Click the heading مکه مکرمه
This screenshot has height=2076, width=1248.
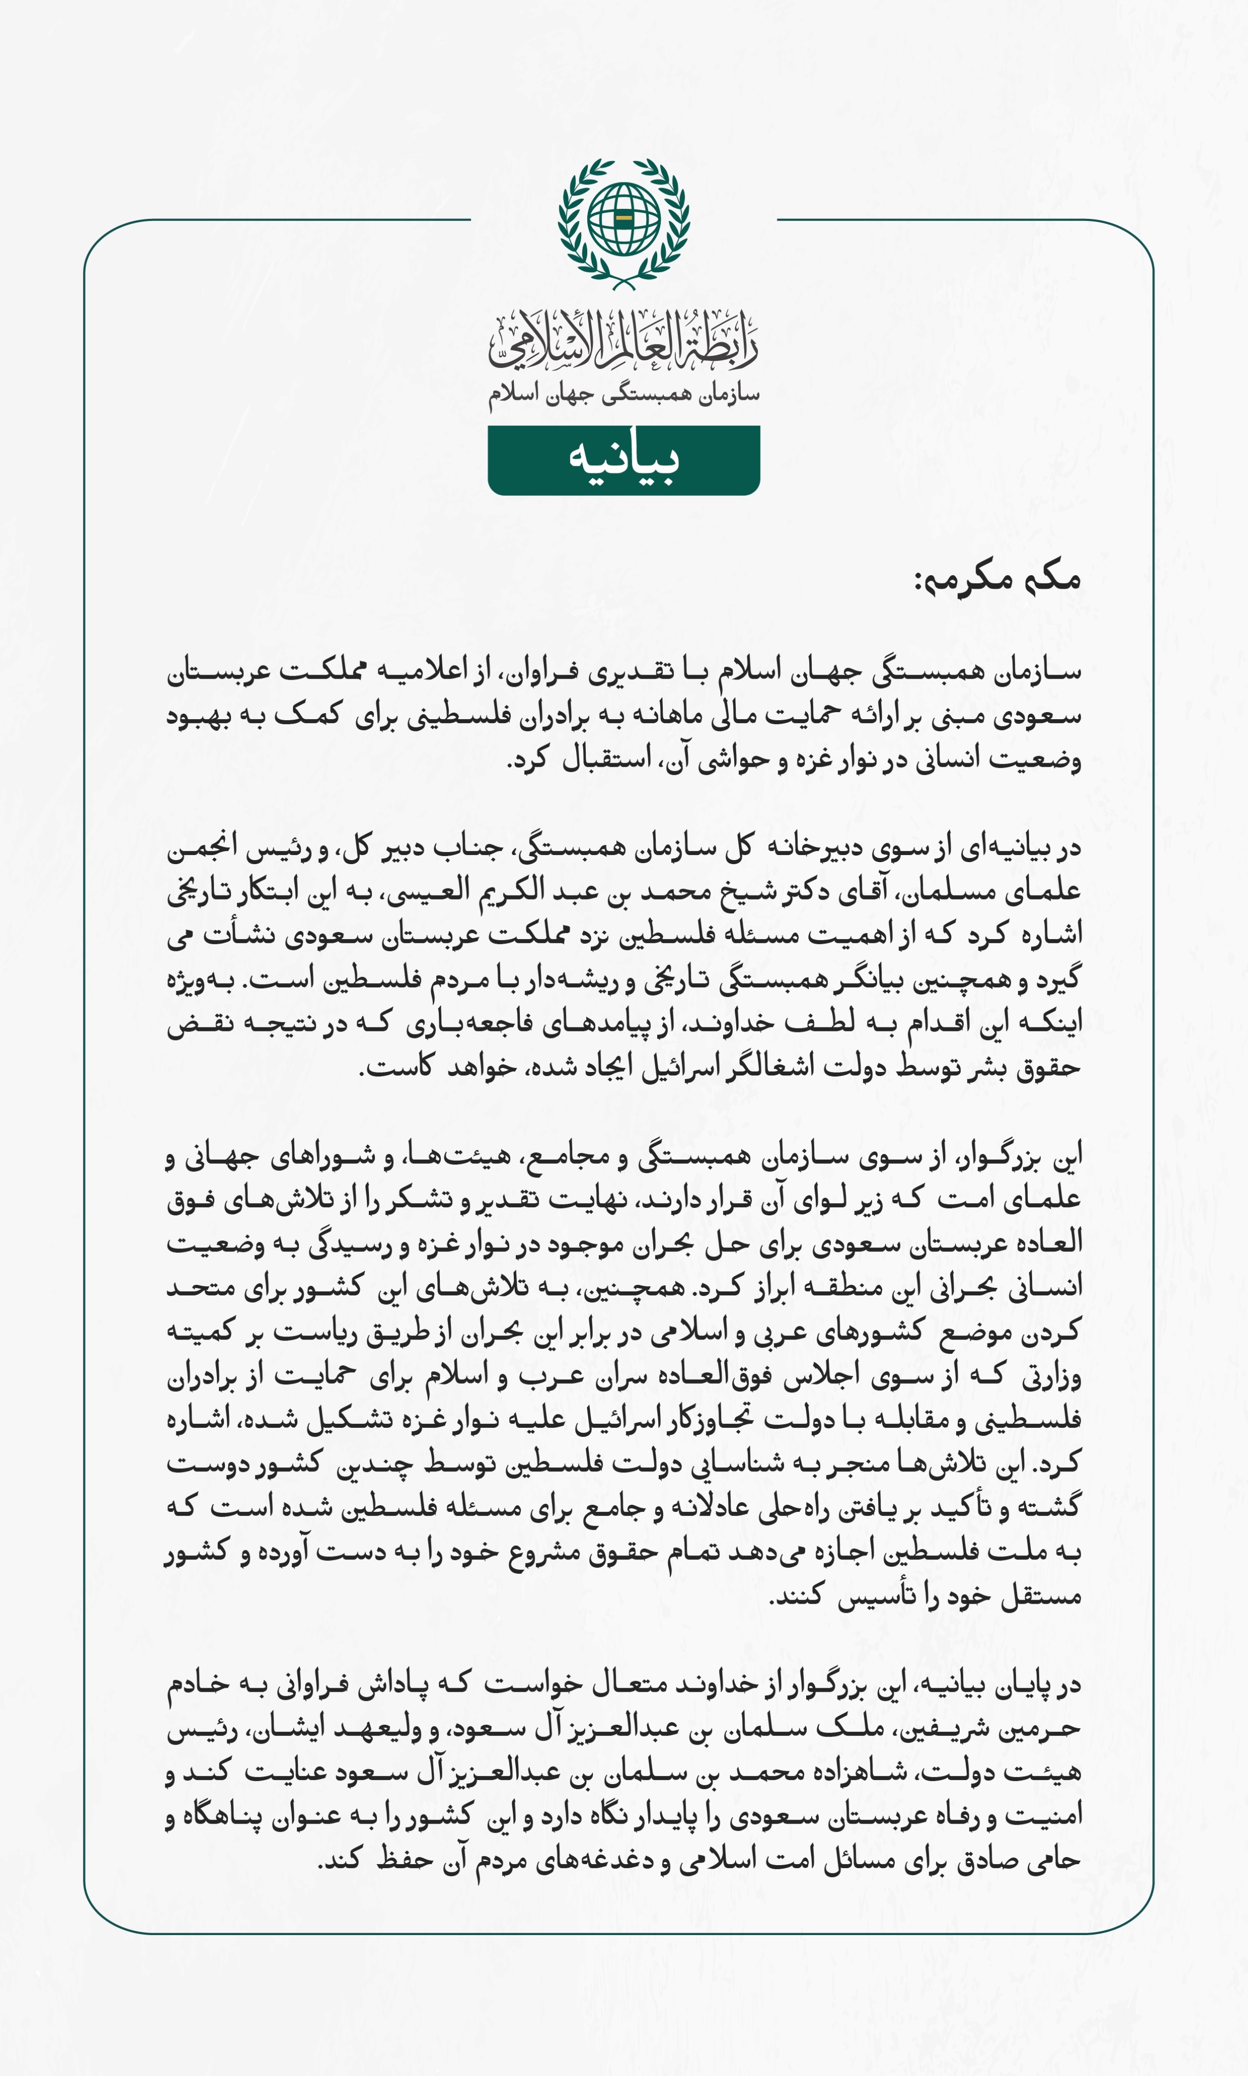[x=997, y=578]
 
